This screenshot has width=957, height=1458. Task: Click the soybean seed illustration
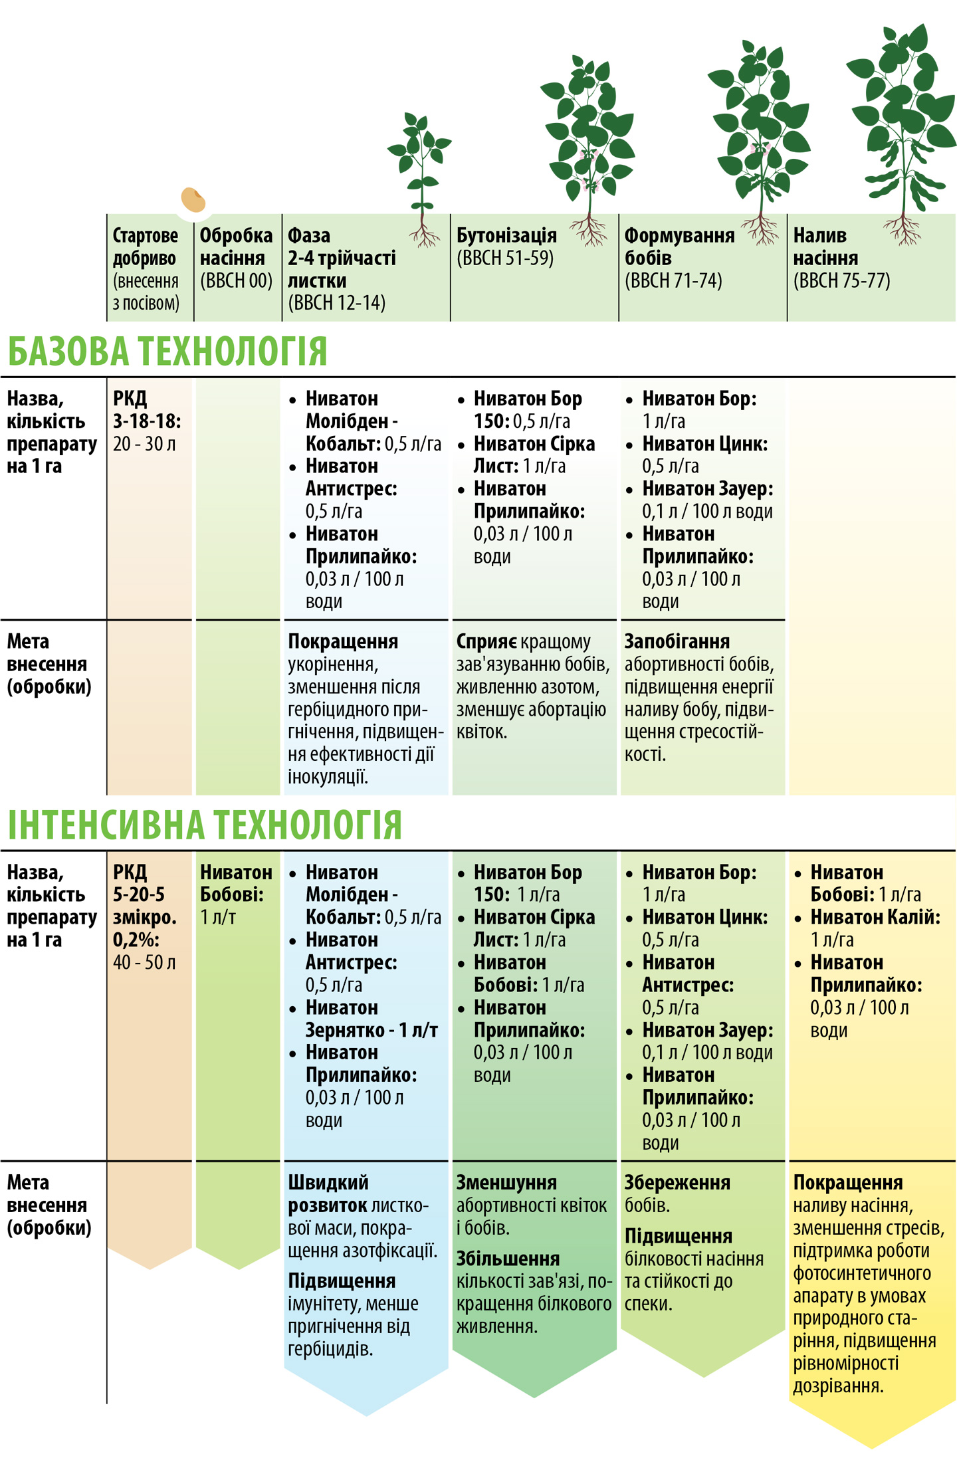[193, 199]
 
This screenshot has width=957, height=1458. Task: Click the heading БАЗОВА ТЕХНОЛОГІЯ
[167, 352]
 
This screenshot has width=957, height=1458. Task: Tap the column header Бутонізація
[506, 236]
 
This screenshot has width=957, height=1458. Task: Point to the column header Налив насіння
[825, 247]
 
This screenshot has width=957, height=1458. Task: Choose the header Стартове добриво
[145, 247]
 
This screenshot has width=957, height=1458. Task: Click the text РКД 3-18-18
[146, 409]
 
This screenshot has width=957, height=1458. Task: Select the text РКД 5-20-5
[140, 883]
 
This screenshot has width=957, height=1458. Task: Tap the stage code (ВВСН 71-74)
[673, 281]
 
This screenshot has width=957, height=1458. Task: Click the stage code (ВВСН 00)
[236, 281]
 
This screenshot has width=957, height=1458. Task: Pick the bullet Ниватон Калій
[875, 918]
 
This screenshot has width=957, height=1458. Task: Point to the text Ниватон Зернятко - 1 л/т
[371, 1019]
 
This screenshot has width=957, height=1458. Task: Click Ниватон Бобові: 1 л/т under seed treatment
[236, 894]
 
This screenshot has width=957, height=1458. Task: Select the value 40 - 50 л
[144, 962]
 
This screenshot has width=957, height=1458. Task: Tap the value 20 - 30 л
[144, 444]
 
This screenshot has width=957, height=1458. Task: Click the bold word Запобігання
[677, 642]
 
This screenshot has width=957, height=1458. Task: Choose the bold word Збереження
[677, 1183]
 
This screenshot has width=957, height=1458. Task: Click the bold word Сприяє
[486, 642]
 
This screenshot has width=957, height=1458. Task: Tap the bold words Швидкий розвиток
[328, 1194]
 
